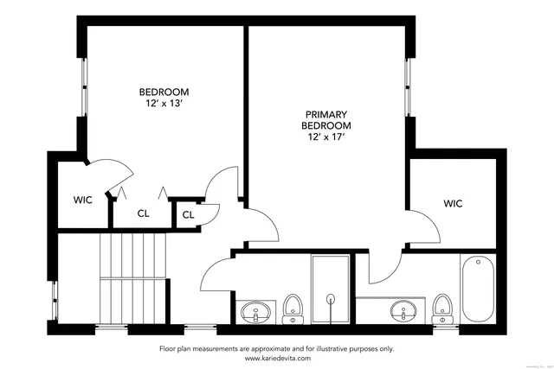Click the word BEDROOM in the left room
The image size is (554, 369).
164,92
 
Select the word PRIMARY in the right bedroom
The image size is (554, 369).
325,113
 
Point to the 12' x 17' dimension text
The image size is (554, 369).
325,137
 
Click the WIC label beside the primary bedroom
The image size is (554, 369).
453,204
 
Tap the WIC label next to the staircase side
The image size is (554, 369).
82,200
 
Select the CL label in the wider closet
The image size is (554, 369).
144,213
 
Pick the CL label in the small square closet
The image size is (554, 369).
189,214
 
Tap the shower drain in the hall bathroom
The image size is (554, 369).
330,299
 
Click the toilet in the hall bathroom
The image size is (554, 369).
293,307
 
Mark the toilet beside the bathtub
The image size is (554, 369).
442,307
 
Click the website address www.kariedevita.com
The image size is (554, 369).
276,357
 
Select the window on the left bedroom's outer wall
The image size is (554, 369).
84,87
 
